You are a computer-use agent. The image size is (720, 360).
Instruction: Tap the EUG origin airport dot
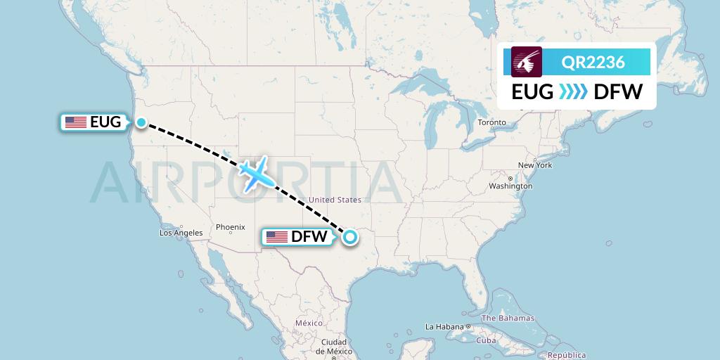click(141, 122)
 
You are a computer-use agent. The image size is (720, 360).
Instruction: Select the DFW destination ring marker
click(349, 238)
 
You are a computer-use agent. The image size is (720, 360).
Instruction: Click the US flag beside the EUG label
click(75, 122)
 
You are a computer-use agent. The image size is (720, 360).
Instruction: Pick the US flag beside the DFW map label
click(276, 237)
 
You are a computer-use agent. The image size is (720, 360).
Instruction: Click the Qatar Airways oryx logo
click(527, 61)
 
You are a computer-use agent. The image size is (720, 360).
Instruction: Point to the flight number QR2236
click(593, 62)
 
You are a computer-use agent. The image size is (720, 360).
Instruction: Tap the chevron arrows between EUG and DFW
click(573, 91)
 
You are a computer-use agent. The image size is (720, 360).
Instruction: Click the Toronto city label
click(491, 122)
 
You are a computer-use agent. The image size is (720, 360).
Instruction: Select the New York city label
click(535, 165)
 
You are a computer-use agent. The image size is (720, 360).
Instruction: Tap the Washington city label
click(510, 186)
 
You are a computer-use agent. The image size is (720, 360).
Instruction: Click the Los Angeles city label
click(181, 233)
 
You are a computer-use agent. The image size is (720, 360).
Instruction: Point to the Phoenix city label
click(230, 227)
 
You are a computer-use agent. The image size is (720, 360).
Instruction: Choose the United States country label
click(335, 200)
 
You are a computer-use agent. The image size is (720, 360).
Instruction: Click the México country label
click(309, 322)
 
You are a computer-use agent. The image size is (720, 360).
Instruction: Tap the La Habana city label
click(444, 327)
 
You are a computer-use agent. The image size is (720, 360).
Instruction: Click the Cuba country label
click(486, 340)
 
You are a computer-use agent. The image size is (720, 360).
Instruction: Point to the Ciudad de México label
click(335, 347)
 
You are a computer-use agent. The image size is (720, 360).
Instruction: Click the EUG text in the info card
click(532, 91)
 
